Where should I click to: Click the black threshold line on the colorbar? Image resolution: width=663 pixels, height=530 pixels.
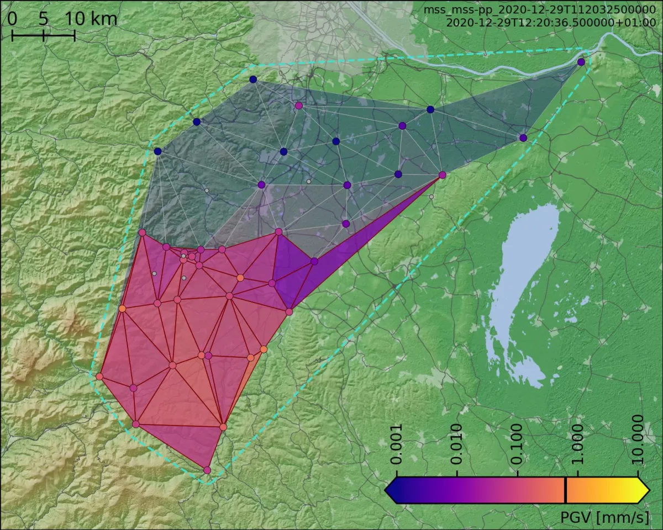pyautogui.click(x=566, y=490)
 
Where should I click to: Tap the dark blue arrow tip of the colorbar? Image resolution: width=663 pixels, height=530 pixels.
pyautogui.click(x=390, y=490)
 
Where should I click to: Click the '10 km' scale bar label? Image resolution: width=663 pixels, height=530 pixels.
pyautogui.click(x=91, y=19)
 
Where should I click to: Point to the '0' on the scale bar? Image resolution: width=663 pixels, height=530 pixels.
pyautogui.click(x=12, y=19)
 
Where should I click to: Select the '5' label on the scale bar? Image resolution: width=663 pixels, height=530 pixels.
pyautogui.click(x=44, y=19)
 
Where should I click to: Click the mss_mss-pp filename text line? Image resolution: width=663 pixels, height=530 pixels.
pyautogui.click(x=539, y=10)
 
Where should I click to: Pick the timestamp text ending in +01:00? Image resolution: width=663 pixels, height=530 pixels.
pyautogui.click(x=550, y=23)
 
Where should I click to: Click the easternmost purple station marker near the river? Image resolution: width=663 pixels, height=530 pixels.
pyautogui.click(x=581, y=62)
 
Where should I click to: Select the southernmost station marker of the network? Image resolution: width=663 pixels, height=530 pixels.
pyautogui.click(x=207, y=470)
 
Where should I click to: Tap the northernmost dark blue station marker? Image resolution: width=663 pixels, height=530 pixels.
pyautogui.click(x=253, y=79)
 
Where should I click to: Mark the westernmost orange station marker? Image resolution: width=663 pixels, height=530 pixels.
pyautogui.click(x=99, y=377)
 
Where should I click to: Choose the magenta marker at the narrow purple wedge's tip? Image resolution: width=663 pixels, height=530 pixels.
pyautogui.click(x=442, y=175)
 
